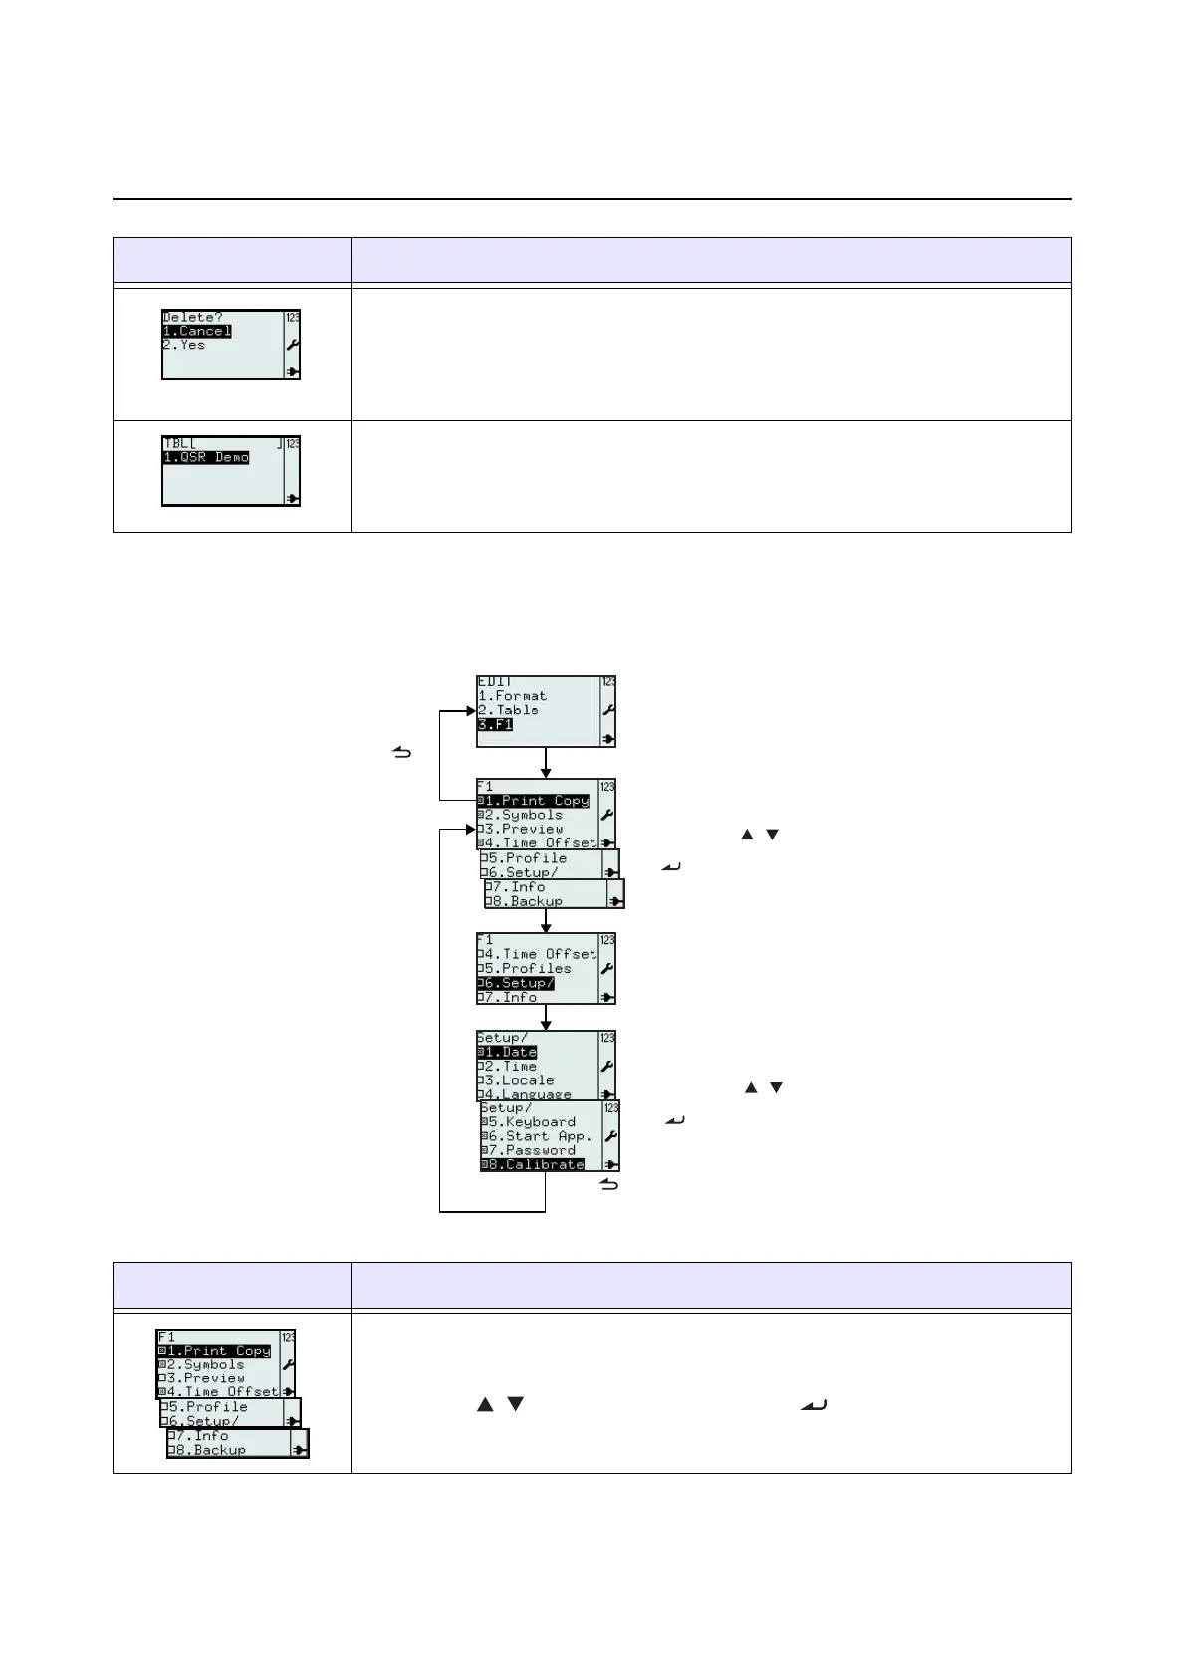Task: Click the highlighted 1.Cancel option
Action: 197,331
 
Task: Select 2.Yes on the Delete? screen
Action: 185,345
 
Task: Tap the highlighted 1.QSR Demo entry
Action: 206,458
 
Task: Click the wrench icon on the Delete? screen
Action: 293,345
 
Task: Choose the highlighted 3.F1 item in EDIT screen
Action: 495,725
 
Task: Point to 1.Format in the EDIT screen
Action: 513,696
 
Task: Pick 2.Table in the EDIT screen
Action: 509,710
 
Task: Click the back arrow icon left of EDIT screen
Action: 402,753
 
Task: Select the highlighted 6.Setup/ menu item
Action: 517,983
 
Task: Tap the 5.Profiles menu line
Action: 525,968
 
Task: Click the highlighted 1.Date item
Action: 508,1052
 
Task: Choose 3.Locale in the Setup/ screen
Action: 517,1080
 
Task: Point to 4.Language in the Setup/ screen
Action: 526,1093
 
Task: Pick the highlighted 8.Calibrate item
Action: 534,1164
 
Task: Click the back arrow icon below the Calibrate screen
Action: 609,1184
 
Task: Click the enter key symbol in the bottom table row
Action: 814,1405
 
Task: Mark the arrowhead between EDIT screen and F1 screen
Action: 546,772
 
